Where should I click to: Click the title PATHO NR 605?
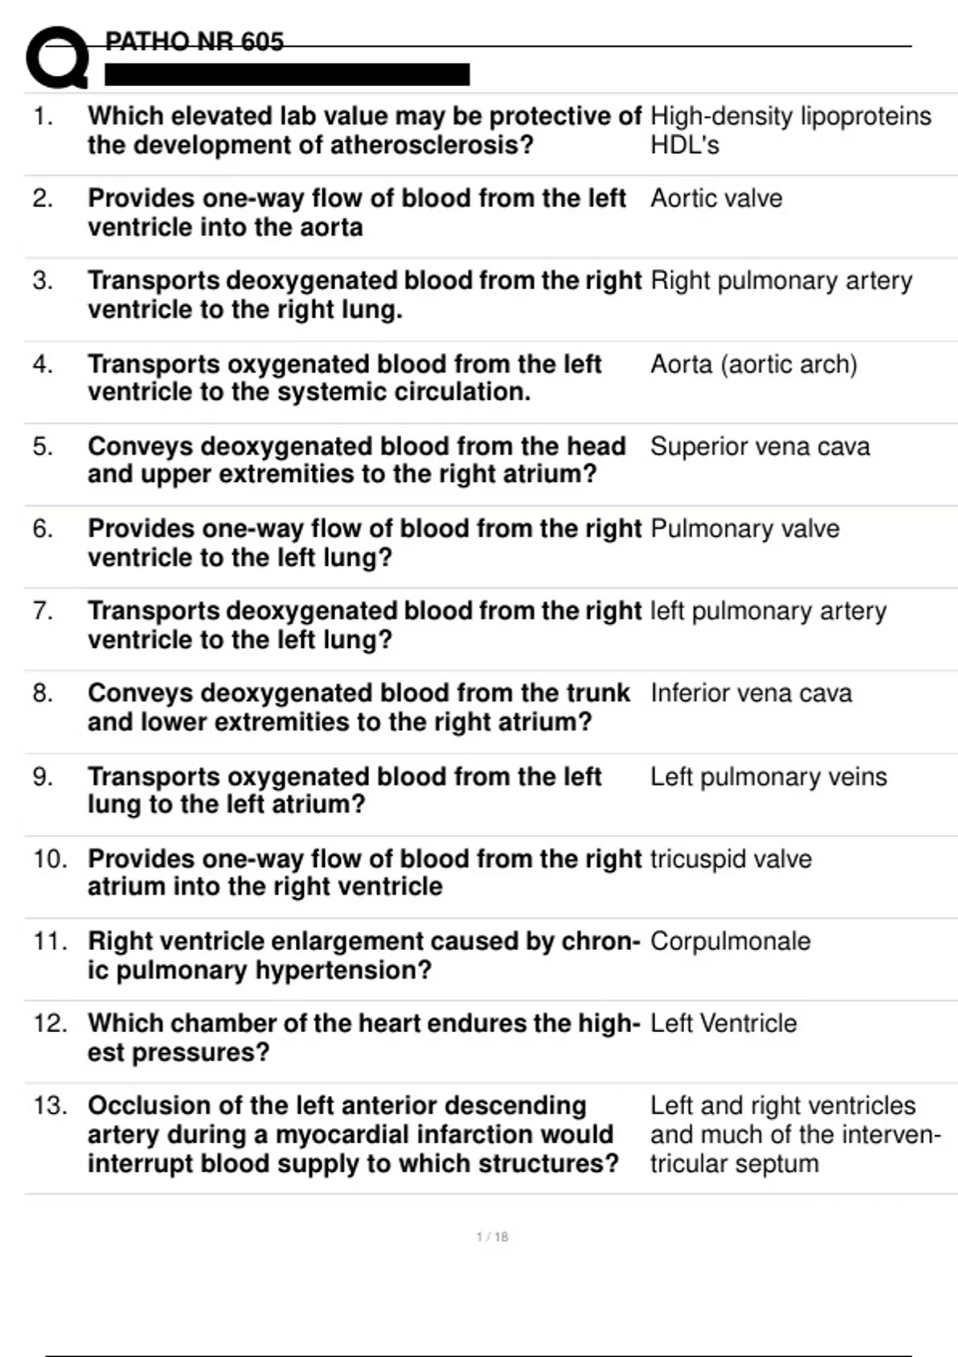194,42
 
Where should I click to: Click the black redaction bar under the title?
287,75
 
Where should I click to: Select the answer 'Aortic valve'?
716,198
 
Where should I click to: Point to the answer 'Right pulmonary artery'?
781,281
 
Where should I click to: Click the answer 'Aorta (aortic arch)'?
754,364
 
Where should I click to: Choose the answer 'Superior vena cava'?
759,446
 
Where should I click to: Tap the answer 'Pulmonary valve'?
745,528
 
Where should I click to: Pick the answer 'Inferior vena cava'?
750,693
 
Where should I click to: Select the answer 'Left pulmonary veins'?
768,777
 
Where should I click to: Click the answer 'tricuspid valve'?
730,859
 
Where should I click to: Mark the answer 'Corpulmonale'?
730,941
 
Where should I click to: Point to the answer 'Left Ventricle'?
723,1023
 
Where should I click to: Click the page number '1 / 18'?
492,1236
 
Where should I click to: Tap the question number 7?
42,611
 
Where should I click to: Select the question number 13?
49,1106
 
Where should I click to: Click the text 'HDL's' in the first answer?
684,145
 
